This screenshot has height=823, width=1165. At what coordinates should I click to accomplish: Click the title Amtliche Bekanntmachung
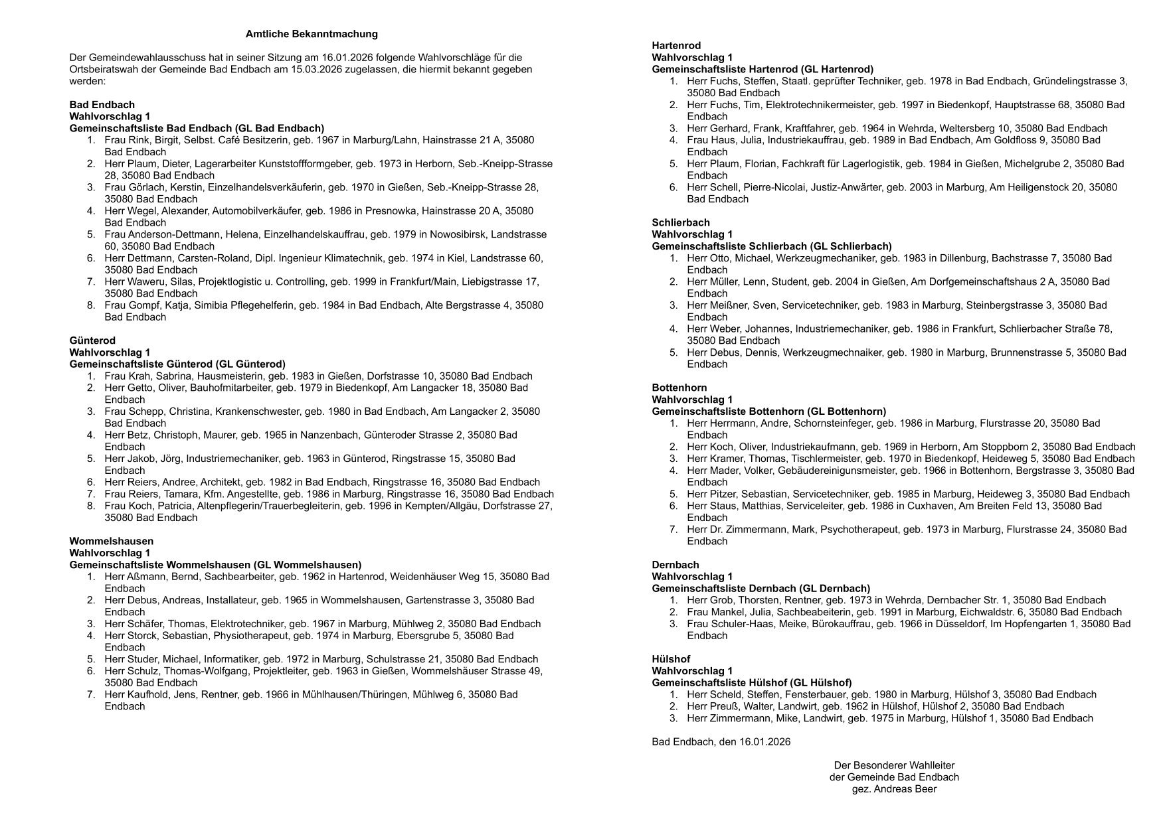click(312, 34)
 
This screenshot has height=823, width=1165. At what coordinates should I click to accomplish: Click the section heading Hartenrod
click(676, 46)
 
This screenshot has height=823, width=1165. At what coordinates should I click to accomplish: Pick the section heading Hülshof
click(671, 659)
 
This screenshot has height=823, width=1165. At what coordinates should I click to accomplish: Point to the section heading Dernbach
click(675, 565)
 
